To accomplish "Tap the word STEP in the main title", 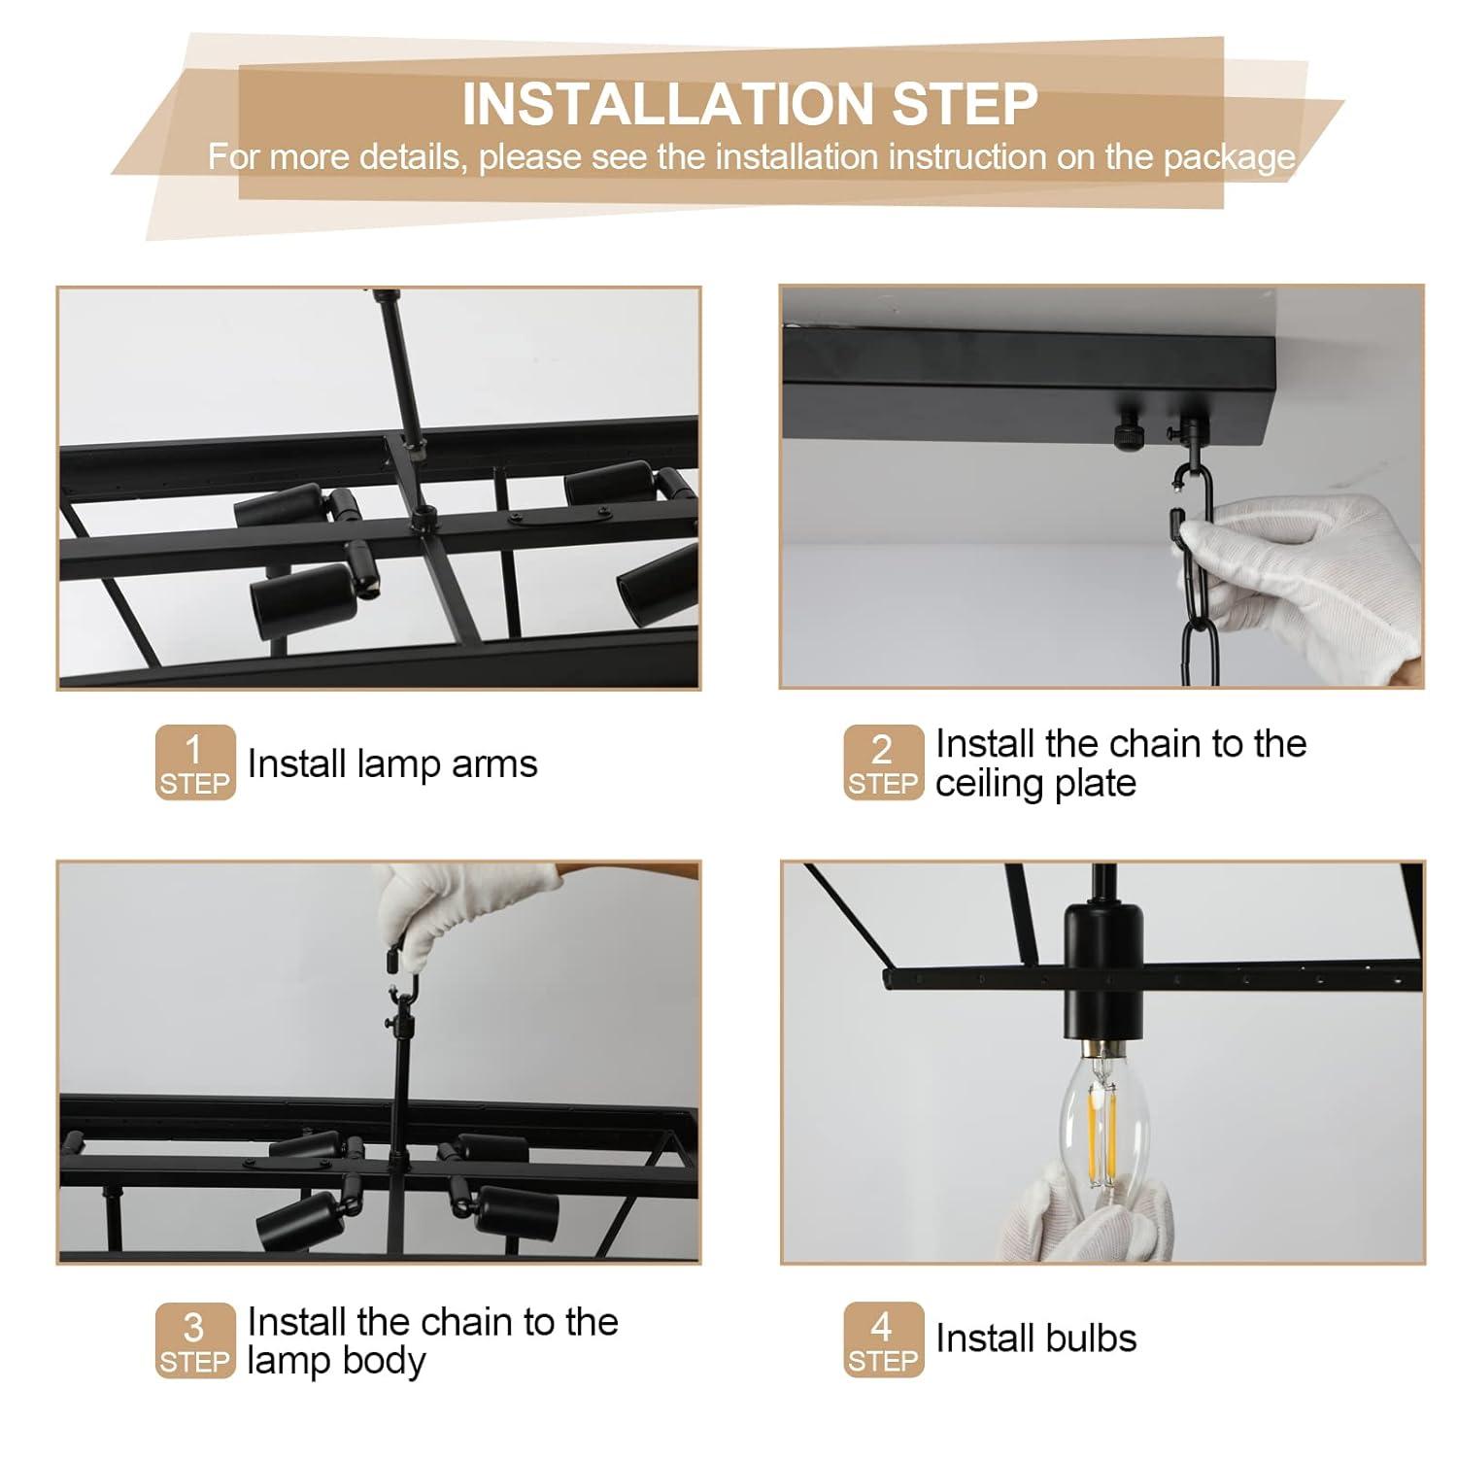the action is [x=966, y=104].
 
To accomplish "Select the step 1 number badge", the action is [x=195, y=762].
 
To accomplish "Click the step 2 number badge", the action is [x=883, y=762].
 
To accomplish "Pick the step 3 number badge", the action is [x=195, y=1340].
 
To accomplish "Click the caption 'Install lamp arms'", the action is [x=392, y=764].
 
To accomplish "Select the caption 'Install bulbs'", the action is [x=1035, y=1338].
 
